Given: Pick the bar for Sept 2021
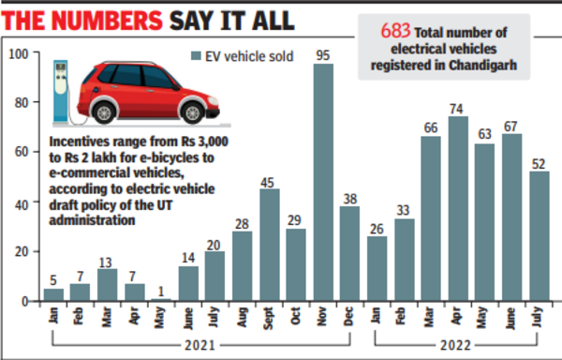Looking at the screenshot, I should click(269, 245).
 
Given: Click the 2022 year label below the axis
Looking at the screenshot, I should click(457, 344).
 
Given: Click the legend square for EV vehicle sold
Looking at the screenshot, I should click(195, 57).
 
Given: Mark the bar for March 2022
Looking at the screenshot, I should click(430, 217).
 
